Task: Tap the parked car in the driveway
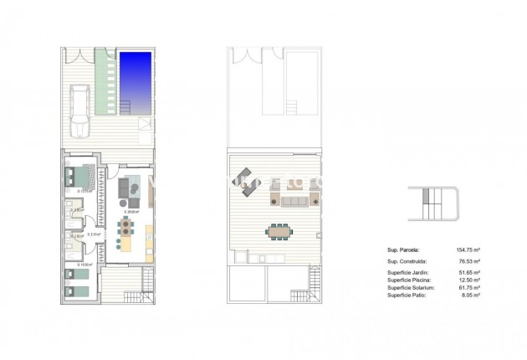click(79, 110)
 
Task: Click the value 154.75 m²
click(468, 249)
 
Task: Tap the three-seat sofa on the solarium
click(293, 201)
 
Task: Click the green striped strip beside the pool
click(105, 84)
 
